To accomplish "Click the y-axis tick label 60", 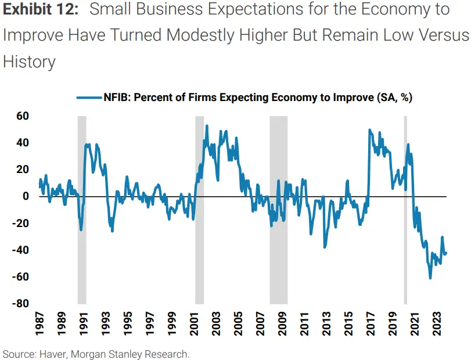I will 22,116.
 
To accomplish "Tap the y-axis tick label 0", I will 26,196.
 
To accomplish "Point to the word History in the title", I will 29,61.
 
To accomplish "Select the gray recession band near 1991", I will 82,209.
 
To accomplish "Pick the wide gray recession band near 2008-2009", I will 278,209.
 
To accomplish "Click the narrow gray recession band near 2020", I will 405,209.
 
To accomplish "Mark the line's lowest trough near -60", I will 430,278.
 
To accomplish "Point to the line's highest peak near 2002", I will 207,126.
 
